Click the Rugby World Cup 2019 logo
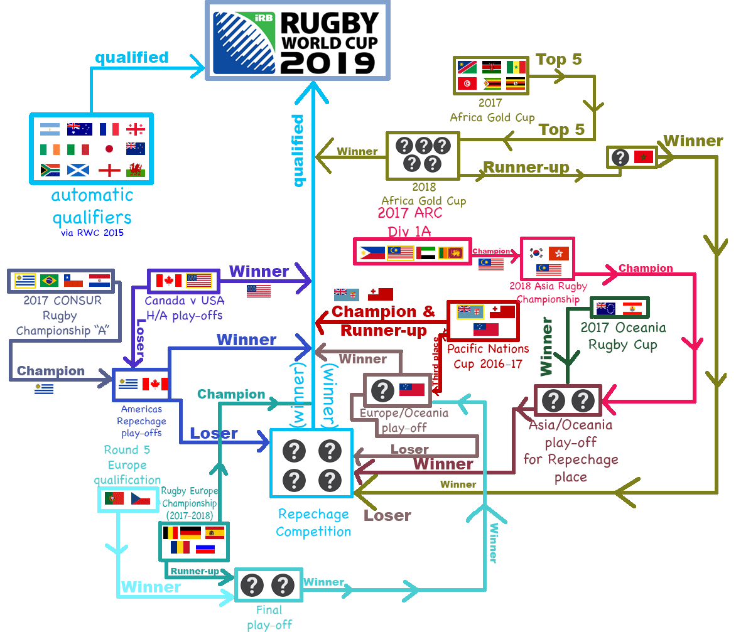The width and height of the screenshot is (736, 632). [x=298, y=40]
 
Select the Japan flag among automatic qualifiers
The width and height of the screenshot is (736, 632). [x=109, y=149]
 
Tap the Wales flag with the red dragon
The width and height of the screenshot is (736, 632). [x=135, y=169]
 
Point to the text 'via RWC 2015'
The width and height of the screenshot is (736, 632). [x=92, y=233]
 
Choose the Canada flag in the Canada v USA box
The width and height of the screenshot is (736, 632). [x=168, y=281]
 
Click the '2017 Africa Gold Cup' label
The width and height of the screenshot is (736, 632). [x=492, y=110]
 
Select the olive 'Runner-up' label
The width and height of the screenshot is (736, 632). [x=526, y=168]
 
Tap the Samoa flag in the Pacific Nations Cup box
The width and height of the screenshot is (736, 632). [x=486, y=329]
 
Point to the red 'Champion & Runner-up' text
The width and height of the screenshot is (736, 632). [x=383, y=320]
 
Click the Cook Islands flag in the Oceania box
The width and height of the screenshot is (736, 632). [x=607, y=309]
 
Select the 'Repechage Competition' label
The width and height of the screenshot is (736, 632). [x=313, y=523]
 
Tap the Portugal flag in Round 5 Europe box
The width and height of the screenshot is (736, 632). [x=114, y=499]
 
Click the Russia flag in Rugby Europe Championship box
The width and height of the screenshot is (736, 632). [x=205, y=549]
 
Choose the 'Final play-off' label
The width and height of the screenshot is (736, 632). [x=269, y=617]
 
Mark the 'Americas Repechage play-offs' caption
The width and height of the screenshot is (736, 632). [x=141, y=421]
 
